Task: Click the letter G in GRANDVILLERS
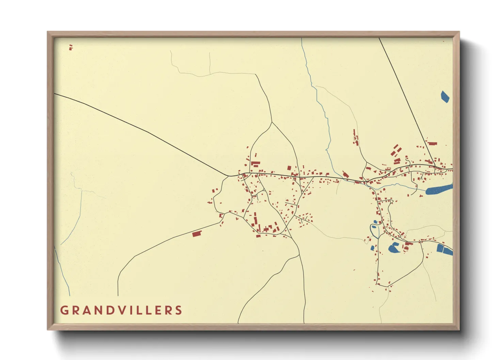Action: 64,310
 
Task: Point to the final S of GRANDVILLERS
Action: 178,310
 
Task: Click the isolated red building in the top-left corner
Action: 71,47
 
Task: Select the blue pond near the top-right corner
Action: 445,96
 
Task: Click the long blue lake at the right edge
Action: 439,189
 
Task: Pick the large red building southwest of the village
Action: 196,234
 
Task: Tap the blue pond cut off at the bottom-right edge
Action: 445,249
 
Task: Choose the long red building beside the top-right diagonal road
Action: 432,144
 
